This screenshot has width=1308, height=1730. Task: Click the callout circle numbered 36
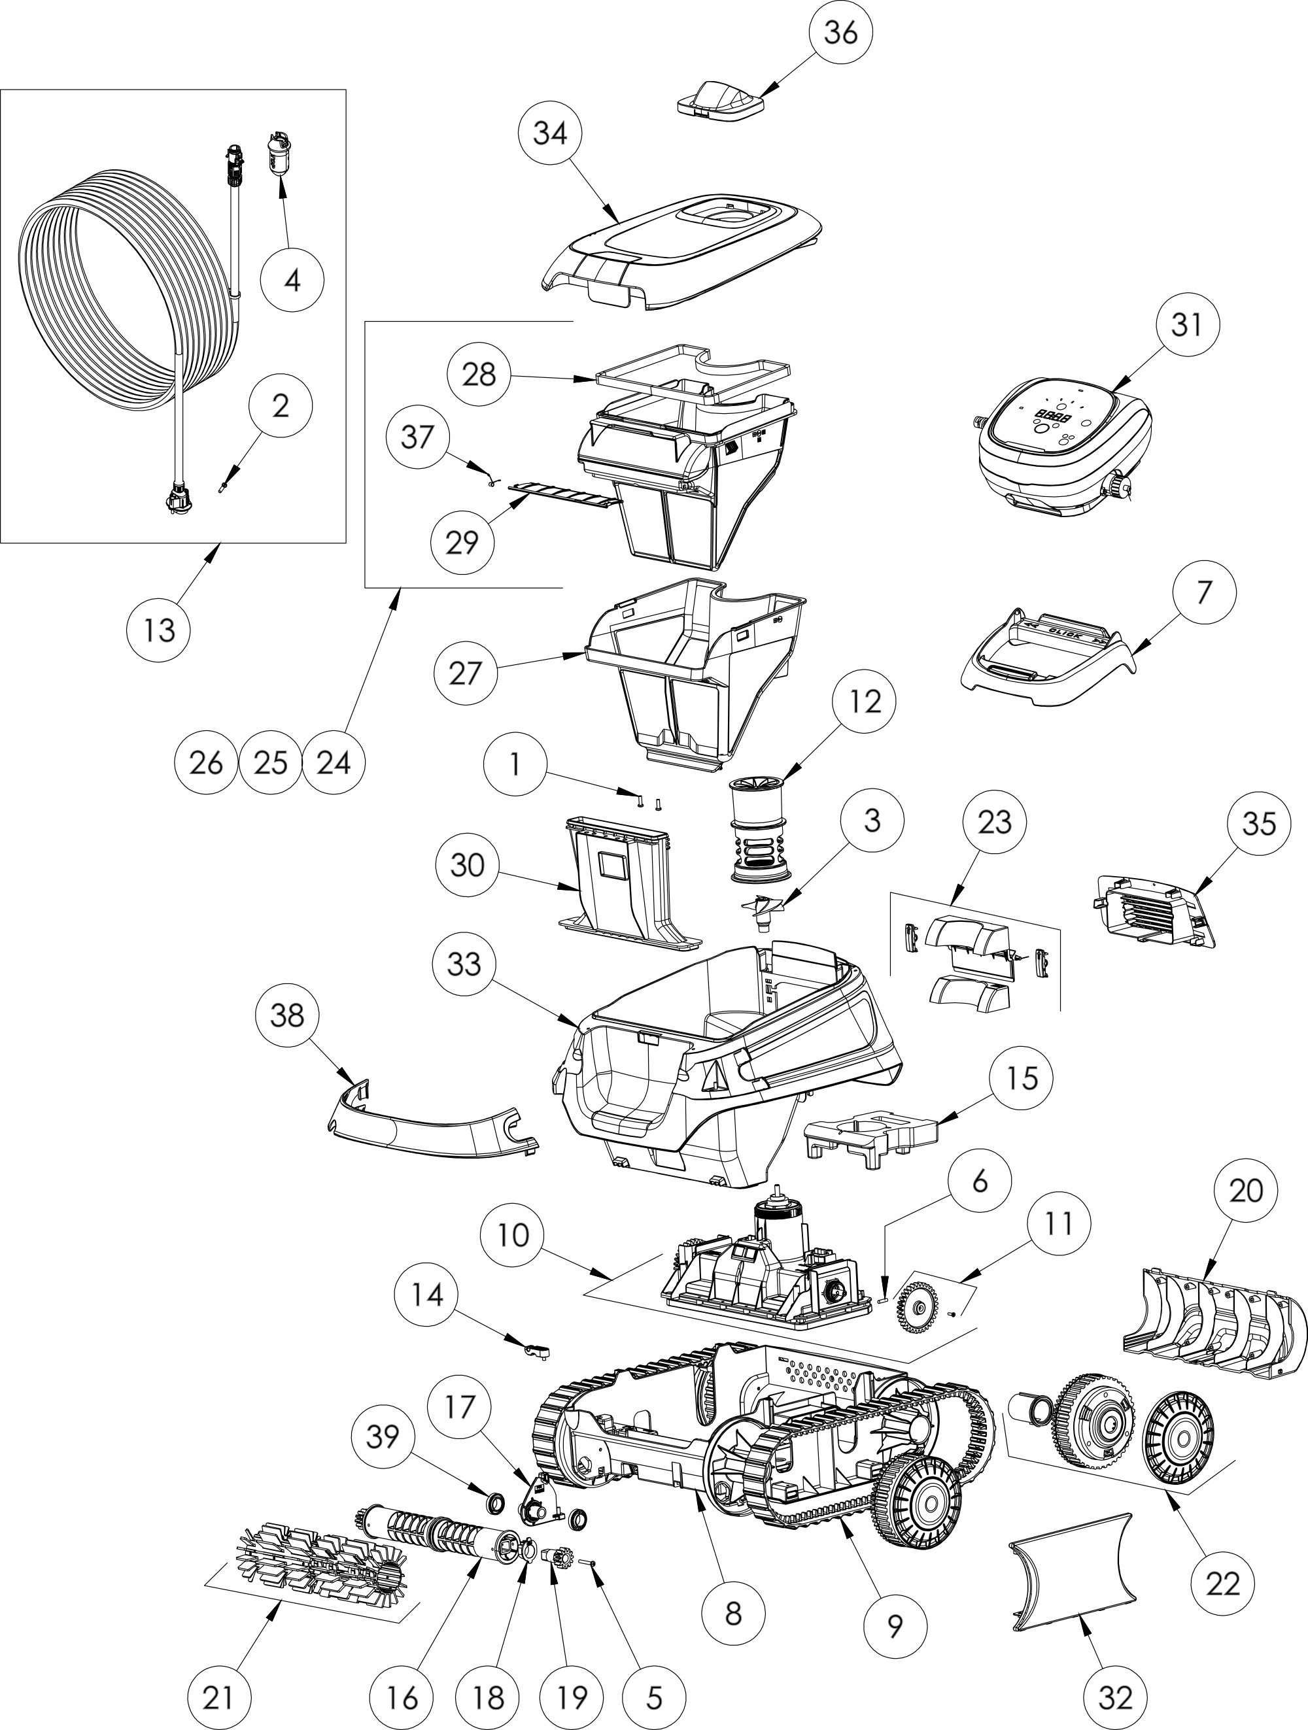point(841,33)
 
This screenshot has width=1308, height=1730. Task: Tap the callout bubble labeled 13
point(159,630)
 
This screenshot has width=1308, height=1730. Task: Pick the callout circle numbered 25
point(271,762)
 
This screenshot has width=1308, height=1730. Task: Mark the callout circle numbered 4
point(292,280)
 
